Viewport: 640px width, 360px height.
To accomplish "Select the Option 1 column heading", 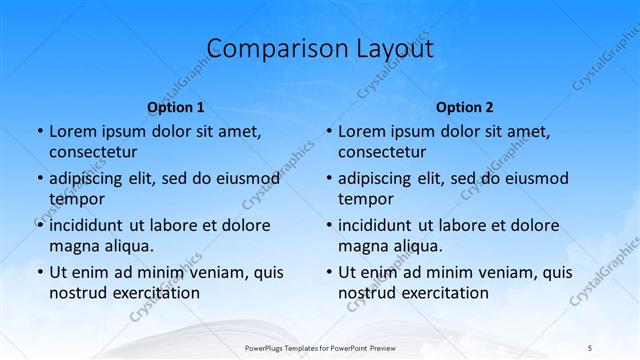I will (x=176, y=107).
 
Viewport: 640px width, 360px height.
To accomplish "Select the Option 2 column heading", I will (x=465, y=107).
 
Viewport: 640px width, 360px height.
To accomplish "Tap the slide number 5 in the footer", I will (x=590, y=347).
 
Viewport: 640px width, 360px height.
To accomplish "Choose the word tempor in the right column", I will (x=366, y=198).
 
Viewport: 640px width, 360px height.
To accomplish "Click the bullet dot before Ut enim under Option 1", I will (x=39, y=272).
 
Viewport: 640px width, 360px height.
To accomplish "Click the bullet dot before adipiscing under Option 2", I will (x=328, y=179).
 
